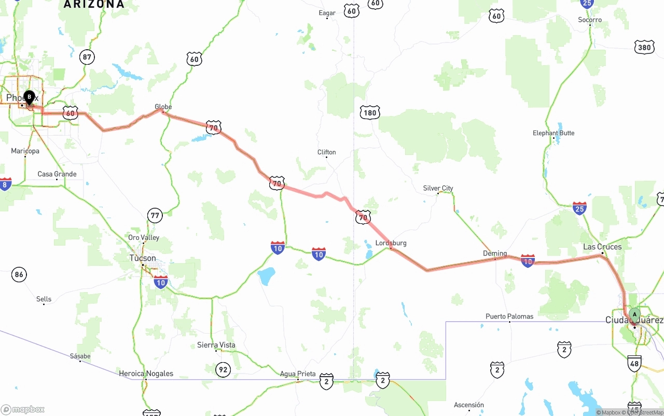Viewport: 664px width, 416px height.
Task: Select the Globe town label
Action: [163, 107]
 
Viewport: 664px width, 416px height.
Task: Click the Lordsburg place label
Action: [391, 243]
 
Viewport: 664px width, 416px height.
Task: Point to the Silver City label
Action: [438, 188]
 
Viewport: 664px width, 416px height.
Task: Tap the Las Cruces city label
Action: [602, 247]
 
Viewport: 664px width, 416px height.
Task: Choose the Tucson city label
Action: [143, 258]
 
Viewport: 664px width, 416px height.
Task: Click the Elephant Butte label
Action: [554, 133]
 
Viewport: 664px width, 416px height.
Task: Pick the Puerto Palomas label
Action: [509, 316]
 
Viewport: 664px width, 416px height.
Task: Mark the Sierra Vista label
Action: [216, 345]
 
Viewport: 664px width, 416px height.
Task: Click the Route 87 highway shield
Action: [87, 57]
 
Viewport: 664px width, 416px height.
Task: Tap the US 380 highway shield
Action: [644, 48]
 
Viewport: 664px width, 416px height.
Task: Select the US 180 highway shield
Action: [369, 112]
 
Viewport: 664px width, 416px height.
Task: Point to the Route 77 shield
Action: [155, 215]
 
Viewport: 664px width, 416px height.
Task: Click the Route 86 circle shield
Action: [19, 274]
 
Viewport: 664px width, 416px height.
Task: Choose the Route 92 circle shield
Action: [223, 369]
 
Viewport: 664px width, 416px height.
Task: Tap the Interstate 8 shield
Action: [5, 184]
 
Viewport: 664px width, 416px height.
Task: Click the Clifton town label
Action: [326, 152]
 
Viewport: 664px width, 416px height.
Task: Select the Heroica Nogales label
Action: [146, 374]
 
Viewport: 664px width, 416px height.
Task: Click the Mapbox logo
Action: [23, 409]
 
